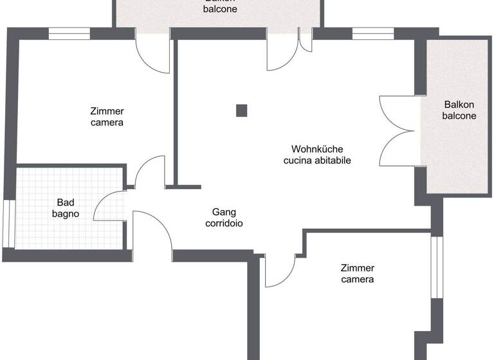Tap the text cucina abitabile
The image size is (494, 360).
coord(317,161)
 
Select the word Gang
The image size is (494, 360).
coord(224,212)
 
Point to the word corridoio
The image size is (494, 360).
coord(224,223)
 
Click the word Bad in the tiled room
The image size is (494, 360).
coord(66,202)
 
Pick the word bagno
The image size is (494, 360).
coord(66,213)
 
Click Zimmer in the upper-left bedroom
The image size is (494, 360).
coord(107,111)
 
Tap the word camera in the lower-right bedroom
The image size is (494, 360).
coord(358,279)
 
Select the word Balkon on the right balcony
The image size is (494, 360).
coord(459,105)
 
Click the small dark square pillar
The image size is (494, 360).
coord(241,111)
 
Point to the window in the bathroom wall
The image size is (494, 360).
coord(8,223)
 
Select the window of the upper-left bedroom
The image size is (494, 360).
coord(69,33)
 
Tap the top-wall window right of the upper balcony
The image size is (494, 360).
coord(373,33)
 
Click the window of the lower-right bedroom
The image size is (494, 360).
coord(435,267)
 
